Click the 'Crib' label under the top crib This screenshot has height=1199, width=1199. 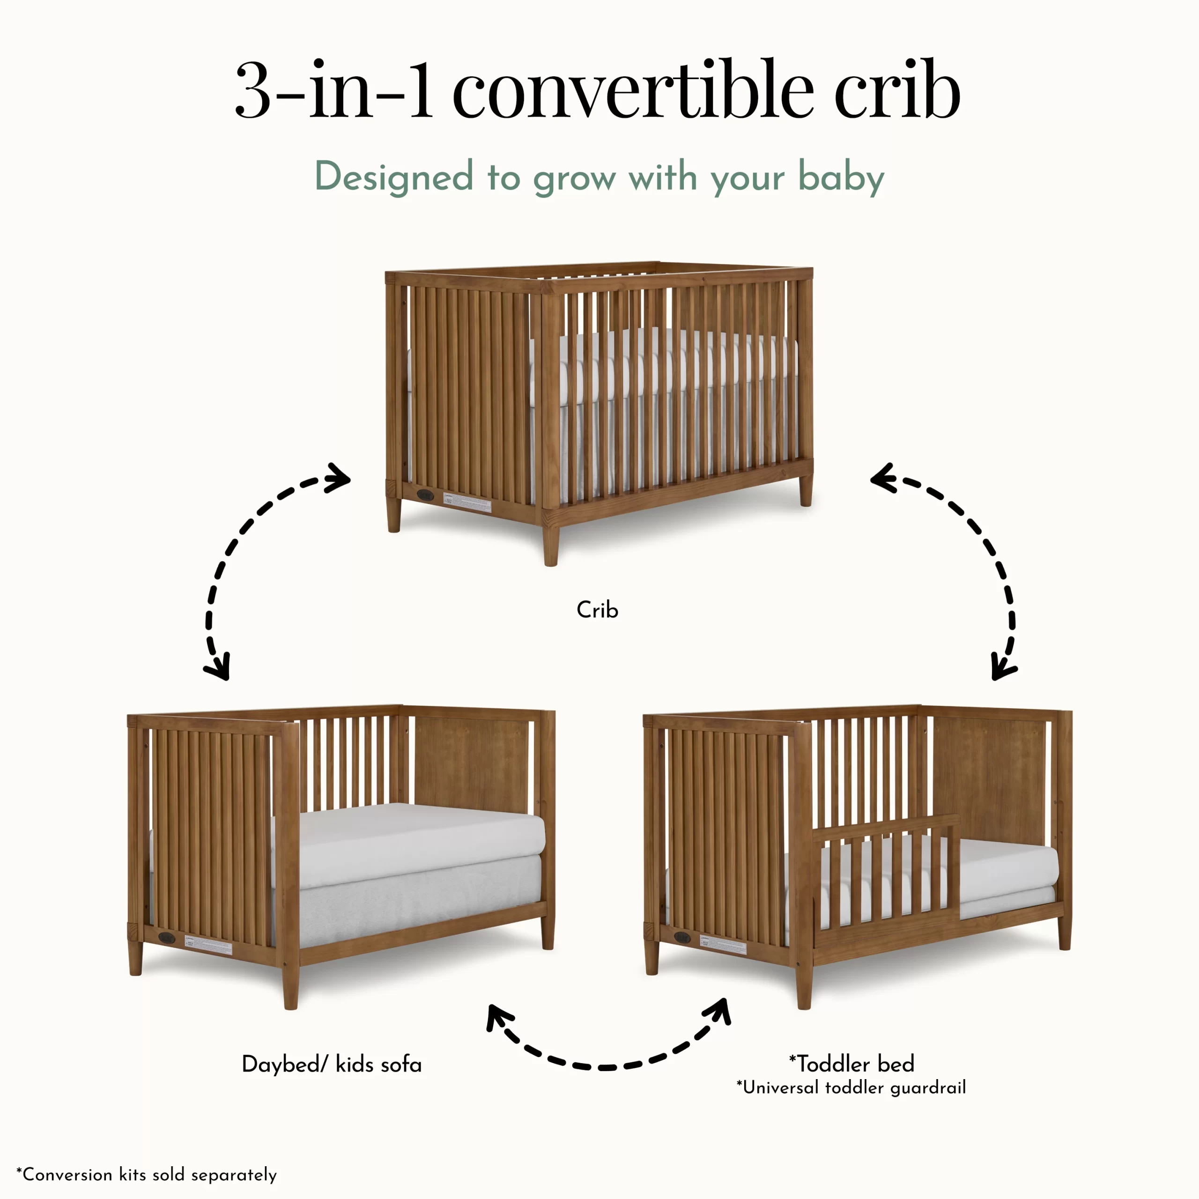click(x=597, y=610)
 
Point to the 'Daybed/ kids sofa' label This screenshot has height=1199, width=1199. click(x=332, y=1064)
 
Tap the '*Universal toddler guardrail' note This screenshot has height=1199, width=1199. click(x=851, y=1088)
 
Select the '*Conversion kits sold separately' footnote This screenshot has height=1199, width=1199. click(x=147, y=1175)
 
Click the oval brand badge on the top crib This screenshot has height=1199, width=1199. click(x=425, y=495)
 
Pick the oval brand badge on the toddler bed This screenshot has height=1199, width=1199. click(x=683, y=937)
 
